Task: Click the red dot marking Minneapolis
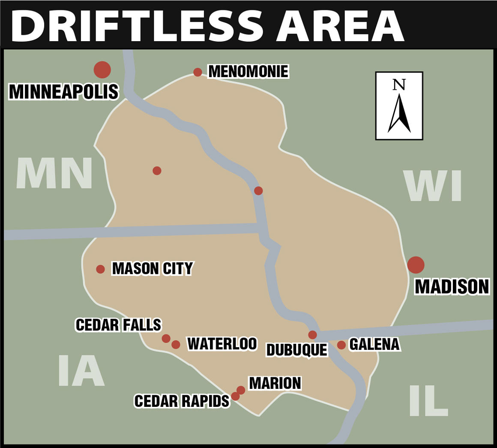(x=102, y=69)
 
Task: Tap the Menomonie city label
(x=248, y=71)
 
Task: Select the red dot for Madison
(x=416, y=265)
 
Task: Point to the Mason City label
(x=152, y=268)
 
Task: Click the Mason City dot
(x=100, y=269)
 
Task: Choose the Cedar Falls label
(x=118, y=325)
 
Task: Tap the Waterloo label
(x=222, y=343)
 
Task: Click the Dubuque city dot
(x=312, y=335)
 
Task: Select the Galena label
(x=374, y=344)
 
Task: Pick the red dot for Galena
(x=341, y=345)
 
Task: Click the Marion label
(x=275, y=383)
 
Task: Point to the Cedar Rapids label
(x=182, y=401)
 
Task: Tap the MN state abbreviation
(x=54, y=174)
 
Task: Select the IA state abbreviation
(x=81, y=371)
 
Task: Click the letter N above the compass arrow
(x=399, y=84)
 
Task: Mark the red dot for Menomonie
(x=198, y=72)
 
